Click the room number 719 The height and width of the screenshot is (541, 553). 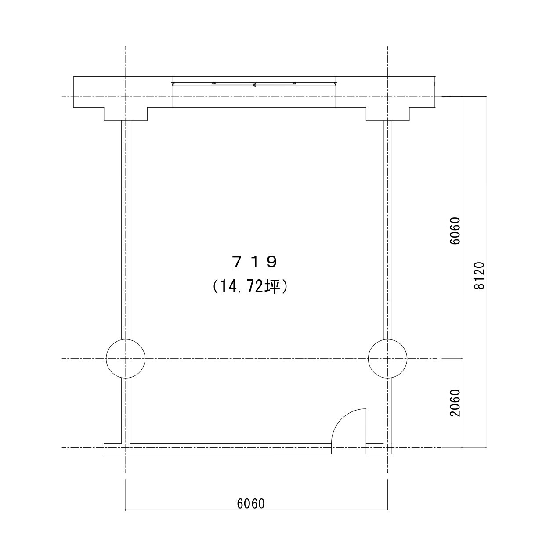click(x=254, y=262)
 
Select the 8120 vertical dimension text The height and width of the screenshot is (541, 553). click(x=479, y=276)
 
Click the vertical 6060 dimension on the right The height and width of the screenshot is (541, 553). click(x=455, y=231)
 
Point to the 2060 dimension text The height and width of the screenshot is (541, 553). click(x=455, y=403)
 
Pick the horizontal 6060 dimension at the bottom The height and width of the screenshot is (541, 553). click(x=251, y=504)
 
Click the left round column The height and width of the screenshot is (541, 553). click(x=126, y=359)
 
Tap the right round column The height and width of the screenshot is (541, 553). click(x=387, y=359)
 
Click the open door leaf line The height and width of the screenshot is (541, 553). click(x=366, y=426)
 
